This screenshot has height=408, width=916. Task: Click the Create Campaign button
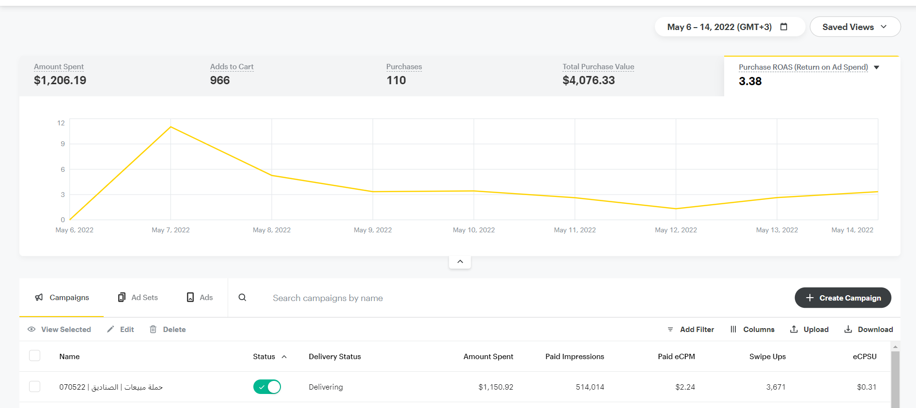click(843, 298)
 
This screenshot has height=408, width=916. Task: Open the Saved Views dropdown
click(854, 27)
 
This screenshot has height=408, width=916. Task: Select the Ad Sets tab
click(138, 298)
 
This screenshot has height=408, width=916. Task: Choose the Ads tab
click(200, 298)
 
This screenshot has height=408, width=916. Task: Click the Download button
click(869, 330)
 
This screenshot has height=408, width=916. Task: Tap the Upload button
click(809, 330)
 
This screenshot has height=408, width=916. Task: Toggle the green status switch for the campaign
click(267, 387)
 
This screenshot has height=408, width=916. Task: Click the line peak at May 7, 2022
click(171, 127)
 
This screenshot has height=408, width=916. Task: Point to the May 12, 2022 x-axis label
click(676, 230)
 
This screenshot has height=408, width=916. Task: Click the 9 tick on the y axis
click(62, 144)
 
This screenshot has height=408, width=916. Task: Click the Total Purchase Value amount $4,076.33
click(589, 80)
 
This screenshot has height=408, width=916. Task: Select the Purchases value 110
click(396, 80)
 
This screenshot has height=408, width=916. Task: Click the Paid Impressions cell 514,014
click(590, 387)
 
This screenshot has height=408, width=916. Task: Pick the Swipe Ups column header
click(767, 357)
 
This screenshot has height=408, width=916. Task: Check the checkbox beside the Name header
click(35, 356)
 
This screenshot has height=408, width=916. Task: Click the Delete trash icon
click(153, 330)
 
